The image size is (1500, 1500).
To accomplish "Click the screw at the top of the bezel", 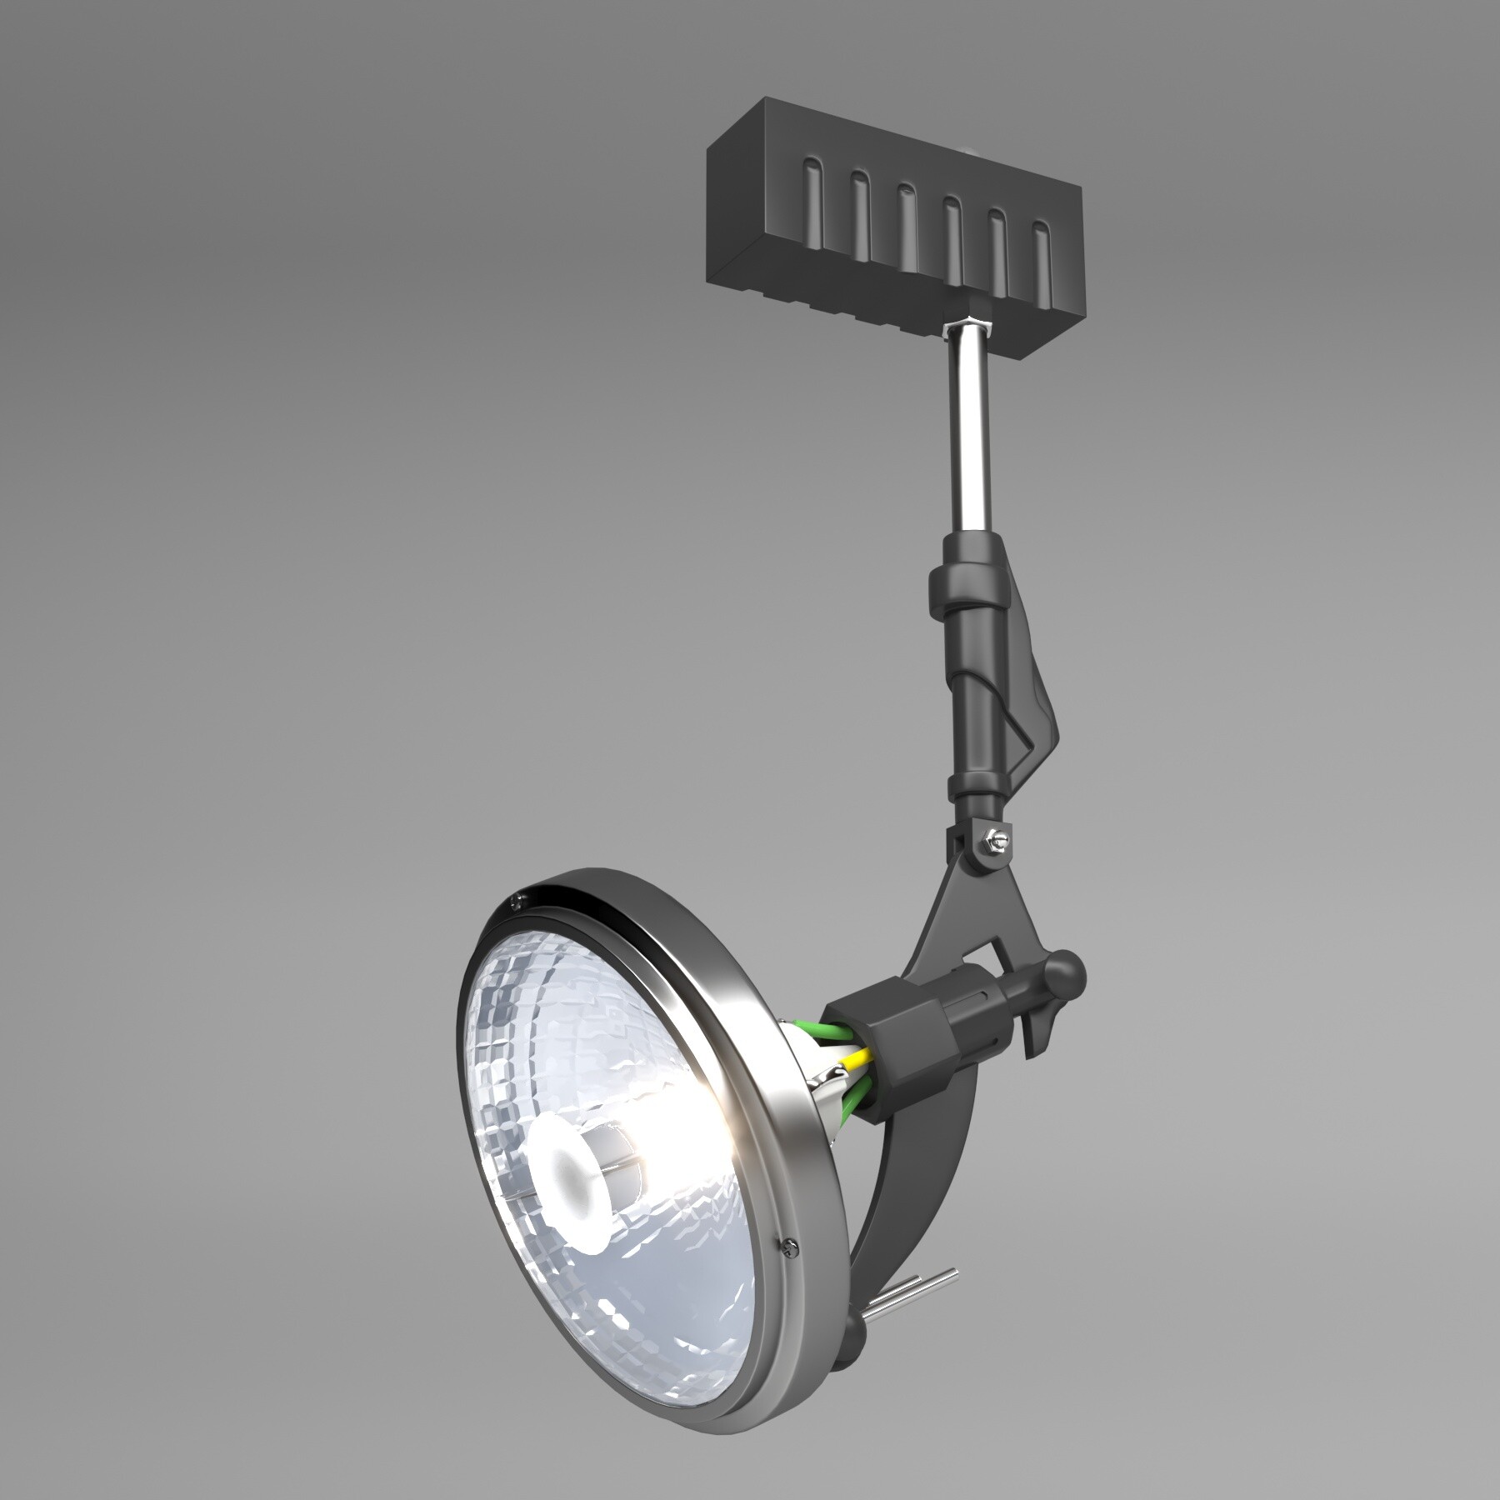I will (518, 899).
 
